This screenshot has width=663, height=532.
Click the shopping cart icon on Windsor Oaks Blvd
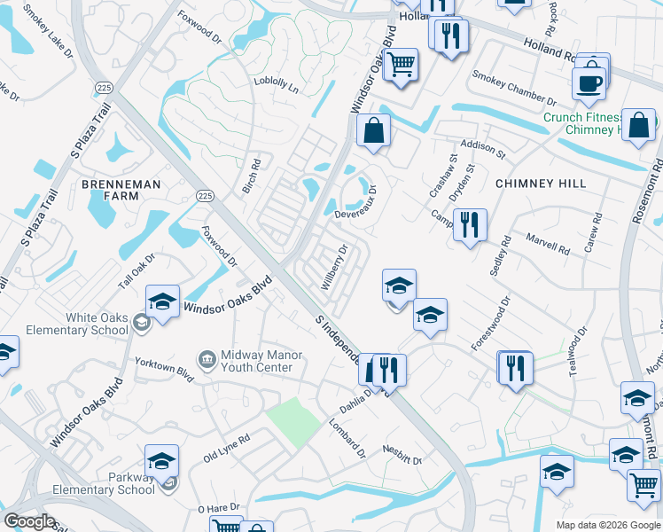402,65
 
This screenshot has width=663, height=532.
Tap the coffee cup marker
589,82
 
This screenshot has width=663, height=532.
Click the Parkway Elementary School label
105,483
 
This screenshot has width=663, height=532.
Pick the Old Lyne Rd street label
226,448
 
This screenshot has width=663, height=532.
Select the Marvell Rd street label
548,244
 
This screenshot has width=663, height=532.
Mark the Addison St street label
482,148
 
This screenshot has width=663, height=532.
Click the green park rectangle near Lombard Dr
293,420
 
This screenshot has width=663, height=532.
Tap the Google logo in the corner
29,521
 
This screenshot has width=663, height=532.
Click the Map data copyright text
606,525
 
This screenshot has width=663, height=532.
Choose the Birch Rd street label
253,176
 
